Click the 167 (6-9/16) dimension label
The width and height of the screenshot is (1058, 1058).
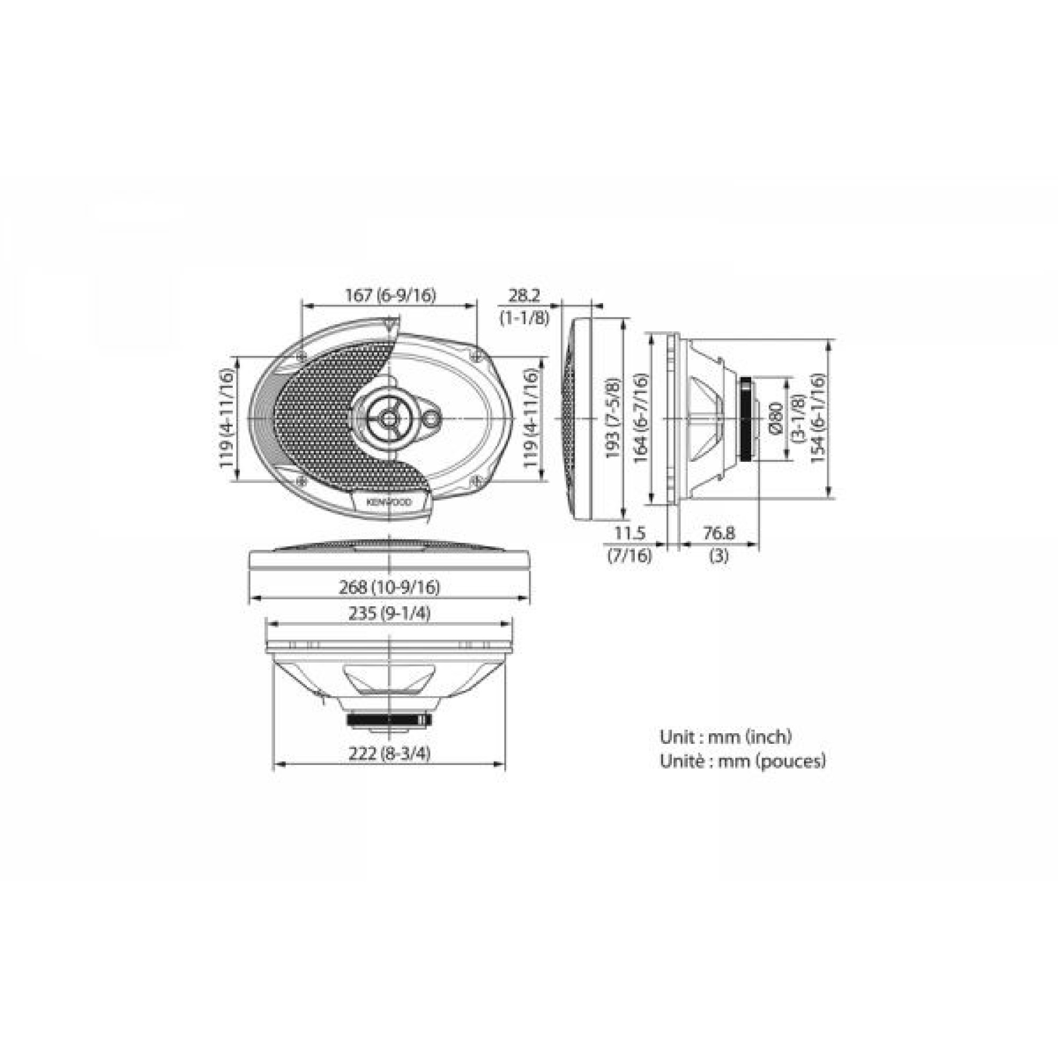pyautogui.click(x=390, y=295)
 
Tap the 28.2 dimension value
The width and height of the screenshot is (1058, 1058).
pyautogui.click(x=524, y=296)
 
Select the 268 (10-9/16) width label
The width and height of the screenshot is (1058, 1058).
pyautogui.click(x=389, y=587)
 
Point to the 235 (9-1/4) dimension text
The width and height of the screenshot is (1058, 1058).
pyautogui.click(x=389, y=614)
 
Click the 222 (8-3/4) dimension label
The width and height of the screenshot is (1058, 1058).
pyautogui.click(x=389, y=753)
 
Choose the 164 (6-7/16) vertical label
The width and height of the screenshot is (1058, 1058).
pyautogui.click(x=640, y=418)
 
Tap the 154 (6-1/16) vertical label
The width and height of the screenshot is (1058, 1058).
pyautogui.click(x=817, y=418)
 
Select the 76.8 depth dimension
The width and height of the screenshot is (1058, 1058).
pyautogui.click(x=718, y=532)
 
